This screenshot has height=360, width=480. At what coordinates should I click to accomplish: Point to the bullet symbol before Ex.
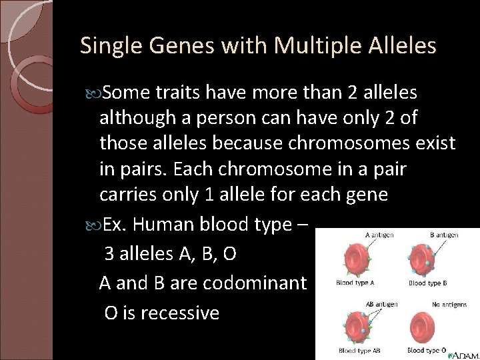click(x=91, y=225)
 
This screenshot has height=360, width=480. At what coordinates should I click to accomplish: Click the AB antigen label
click(x=377, y=304)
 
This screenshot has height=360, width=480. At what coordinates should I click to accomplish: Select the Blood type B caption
click(x=427, y=283)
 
